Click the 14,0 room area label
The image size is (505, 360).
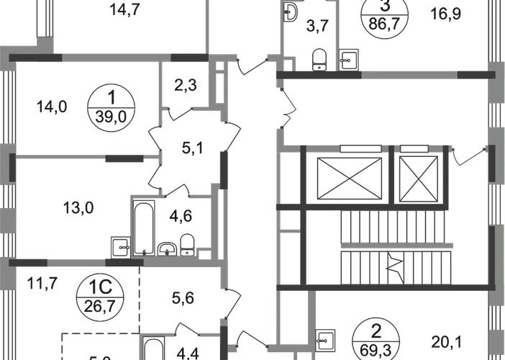52,107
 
